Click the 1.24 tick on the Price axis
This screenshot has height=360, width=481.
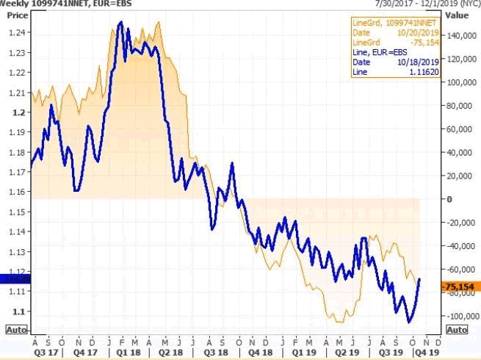(18, 32)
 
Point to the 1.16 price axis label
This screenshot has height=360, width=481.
(18, 192)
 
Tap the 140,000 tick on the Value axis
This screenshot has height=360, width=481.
(459, 36)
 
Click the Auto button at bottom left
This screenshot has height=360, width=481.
(17, 330)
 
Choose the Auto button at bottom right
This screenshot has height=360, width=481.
(456, 330)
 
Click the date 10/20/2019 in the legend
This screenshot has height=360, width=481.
(417, 33)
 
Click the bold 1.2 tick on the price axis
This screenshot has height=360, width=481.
(20, 112)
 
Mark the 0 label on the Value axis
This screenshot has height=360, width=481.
(448, 199)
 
